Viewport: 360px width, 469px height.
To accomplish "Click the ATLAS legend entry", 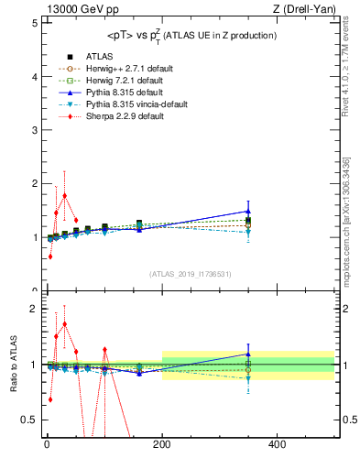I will tap(99, 56).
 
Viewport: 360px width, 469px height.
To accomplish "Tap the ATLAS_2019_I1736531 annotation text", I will tap(190, 273).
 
